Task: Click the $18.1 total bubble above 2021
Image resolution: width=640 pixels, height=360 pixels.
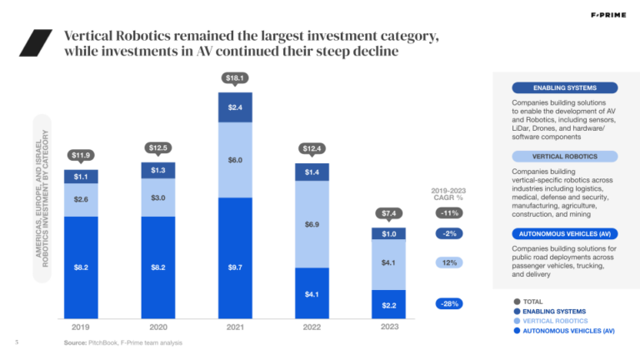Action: click(x=235, y=77)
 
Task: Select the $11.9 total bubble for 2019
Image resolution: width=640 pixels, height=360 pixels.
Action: click(x=81, y=154)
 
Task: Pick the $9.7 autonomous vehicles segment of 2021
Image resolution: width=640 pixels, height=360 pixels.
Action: click(x=235, y=266)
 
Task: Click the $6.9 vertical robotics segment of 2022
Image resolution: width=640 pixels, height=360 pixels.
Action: click(x=312, y=224)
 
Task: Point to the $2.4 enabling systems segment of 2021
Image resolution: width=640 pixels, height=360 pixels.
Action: click(x=235, y=107)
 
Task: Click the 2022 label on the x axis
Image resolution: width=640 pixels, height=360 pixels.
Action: click(x=312, y=327)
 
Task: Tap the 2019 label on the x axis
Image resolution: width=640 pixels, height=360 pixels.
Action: click(x=81, y=327)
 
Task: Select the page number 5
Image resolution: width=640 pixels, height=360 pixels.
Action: click(x=17, y=342)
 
